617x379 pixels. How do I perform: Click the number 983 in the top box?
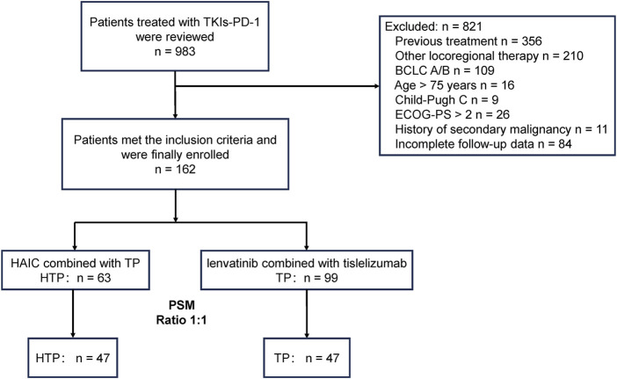coord(185,52)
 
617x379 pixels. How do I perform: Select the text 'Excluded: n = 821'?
coord(433,26)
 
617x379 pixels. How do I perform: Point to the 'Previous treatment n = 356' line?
coord(468,41)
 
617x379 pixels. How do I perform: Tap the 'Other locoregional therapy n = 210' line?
coord(489,56)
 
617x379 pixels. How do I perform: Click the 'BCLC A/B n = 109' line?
coord(445,70)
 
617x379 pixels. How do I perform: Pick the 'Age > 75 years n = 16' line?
coord(454,85)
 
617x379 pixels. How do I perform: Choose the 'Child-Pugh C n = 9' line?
coord(447,100)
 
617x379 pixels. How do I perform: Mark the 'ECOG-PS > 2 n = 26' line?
coord(452,114)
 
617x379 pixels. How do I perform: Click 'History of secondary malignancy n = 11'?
coord(501,129)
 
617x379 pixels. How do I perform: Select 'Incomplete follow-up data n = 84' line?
coord(483,144)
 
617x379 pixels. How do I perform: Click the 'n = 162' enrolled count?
coord(175,169)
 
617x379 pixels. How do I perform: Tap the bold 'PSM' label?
coord(181,305)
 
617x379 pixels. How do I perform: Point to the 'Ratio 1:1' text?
coord(181,319)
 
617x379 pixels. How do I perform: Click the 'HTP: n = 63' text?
coord(76,278)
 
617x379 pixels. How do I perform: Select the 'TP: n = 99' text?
coord(307,278)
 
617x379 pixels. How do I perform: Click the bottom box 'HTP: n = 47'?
coord(73,358)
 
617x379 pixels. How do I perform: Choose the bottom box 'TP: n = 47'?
coord(307,358)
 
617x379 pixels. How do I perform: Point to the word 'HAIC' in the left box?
coord(25,263)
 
